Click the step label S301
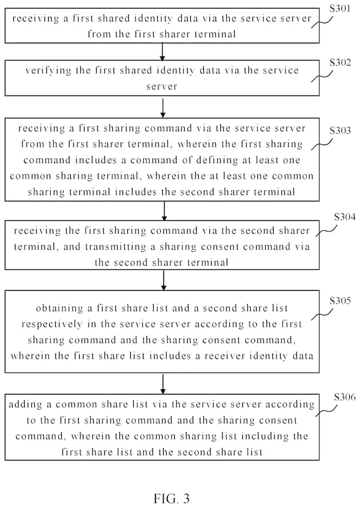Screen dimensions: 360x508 pyautogui.click(x=340, y=8)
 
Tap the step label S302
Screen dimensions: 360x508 pyautogui.click(x=340, y=62)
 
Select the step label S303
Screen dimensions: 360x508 pyautogui.click(x=340, y=130)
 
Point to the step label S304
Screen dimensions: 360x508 pyautogui.click(x=344, y=217)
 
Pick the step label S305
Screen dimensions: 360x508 pyautogui.click(x=340, y=300)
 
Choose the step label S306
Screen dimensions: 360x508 pyautogui.click(x=344, y=397)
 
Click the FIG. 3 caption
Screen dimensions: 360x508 pyautogui.click(x=172, y=498)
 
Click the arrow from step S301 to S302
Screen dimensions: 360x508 pyautogui.click(x=162, y=52)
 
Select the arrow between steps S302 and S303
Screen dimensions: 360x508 pyautogui.click(x=163, y=107)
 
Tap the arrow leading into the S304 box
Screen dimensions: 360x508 pyautogui.click(x=164, y=211)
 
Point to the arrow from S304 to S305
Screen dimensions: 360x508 pyautogui.click(x=164, y=280)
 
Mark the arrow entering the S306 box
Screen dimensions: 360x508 pyautogui.click(x=163, y=384)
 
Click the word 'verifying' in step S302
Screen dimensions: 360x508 pyautogui.click(x=48, y=71)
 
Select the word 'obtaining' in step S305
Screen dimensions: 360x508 pyautogui.click(x=59, y=308)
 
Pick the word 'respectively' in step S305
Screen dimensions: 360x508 pyautogui.click(x=52, y=324)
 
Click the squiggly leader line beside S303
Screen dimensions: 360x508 pyautogui.click(x=322, y=145)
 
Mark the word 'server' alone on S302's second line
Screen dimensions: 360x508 pyautogui.click(x=161, y=86)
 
